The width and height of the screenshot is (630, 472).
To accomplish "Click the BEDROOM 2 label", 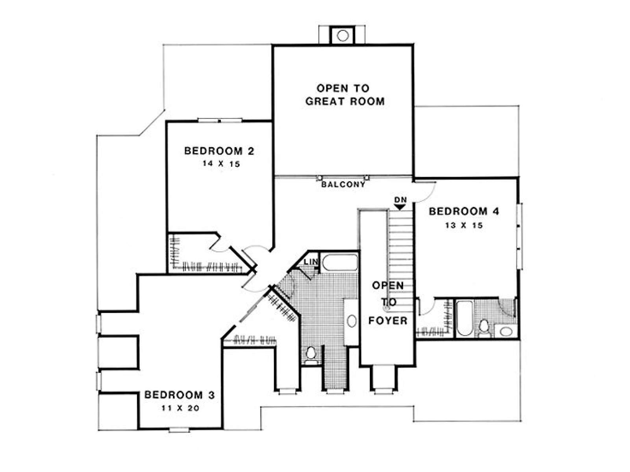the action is (x=219, y=151).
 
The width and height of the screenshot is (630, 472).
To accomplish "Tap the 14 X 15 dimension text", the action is (x=221, y=164).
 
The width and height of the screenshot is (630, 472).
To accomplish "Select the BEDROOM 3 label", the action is (x=180, y=395).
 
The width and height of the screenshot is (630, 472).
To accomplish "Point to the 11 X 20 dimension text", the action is (x=180, y=408).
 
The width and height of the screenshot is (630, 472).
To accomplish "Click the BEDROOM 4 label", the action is (x=464, y=212).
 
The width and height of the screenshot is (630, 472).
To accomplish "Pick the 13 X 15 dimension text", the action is (x=464, y=225).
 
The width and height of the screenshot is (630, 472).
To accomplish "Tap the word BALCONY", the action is (x=343, y=184).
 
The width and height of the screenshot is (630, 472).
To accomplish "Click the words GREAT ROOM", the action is (x=345, y=101).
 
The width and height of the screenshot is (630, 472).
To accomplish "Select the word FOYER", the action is (x=388, y=321).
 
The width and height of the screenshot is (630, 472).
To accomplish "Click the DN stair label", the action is (x=400, y=199).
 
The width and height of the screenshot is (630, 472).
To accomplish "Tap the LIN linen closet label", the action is (x=311, y=261).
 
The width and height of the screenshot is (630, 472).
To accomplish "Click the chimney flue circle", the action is (x=343, y=36).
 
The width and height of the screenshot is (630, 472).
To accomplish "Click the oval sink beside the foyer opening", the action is (x=352, y=321).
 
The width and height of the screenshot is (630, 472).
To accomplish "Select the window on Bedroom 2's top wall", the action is (x=220, y=120).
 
